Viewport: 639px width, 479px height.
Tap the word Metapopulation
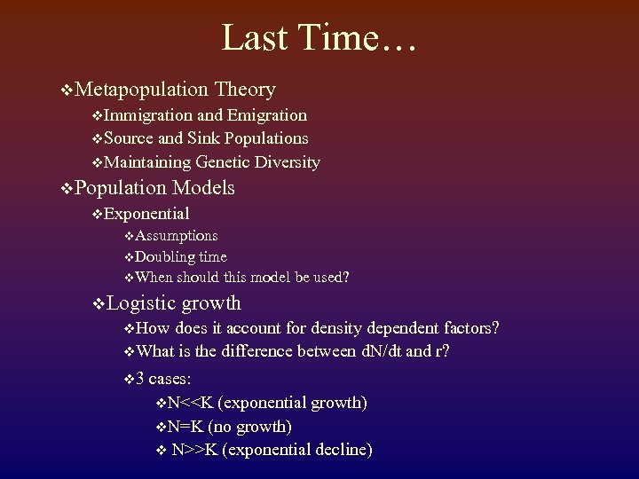pyautogui.click(x=142, y=90)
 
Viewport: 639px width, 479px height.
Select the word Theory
pyautogui.click(x=245, y=90)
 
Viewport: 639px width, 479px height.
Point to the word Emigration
pyautogui.click(x=267, y=115)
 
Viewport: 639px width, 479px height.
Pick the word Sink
pyautogui.click(x=204, y=138)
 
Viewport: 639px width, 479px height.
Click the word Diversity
pyautogui.click(x=287, y=162)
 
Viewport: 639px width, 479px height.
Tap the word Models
pyautogui.click(x=204, y=188)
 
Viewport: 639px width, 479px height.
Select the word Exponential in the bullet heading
pyautogui.click(x=146, y=214)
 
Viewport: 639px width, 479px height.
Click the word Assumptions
pyautogui.click(x=177, y=236)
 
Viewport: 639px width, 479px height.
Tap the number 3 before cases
pyautogui.click(x=140, y=379)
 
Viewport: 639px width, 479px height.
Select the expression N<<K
pyautogui.click(x=190, y=403)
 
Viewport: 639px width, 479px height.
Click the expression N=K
pyautogui.click(x=185, y=427)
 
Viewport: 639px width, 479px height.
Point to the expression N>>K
pyautogui.click(x=194, y=450)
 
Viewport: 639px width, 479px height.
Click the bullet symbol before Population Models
pyautogui.click(x=67, y=189)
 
